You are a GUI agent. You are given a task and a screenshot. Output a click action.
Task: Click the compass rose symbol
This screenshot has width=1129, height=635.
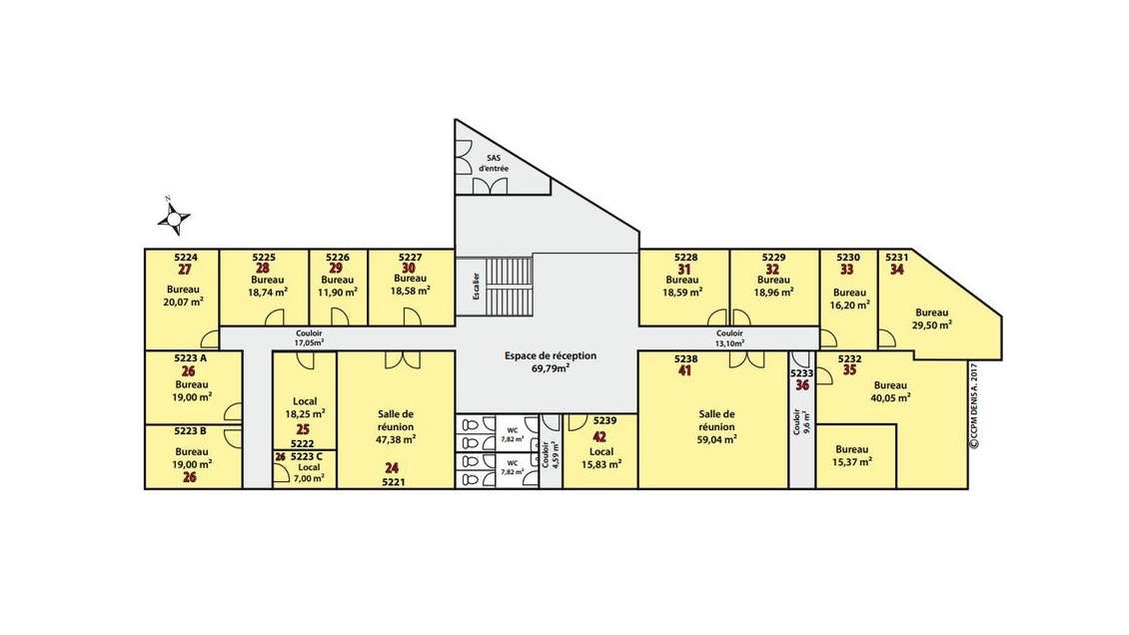click(x=174, y=216)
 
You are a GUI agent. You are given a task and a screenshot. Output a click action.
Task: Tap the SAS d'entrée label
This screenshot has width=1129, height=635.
click(x=494, y=164)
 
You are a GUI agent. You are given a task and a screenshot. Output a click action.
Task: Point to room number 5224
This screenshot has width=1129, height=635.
click(x=186, y=257)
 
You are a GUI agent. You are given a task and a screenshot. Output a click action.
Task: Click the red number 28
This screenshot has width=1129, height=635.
click(x=263, y=269)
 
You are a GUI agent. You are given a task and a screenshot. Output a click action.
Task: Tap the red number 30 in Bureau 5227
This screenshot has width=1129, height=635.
click(x=409, y=269)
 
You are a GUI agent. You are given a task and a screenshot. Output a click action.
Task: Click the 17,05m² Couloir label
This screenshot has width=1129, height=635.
click(x=309, y=341)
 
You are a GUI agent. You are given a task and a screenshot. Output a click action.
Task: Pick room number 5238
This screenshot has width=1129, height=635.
click(x=685, y=358)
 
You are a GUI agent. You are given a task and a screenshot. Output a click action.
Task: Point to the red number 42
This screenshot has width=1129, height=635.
click(x=599, y=436)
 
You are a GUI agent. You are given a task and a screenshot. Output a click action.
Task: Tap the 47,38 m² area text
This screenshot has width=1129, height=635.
click(x=396, y=438)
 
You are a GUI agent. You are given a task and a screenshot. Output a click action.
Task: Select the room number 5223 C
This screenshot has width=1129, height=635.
click(x=307, y=456)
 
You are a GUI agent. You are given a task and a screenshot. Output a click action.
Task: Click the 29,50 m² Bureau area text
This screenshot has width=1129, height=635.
click(x=931, y=323)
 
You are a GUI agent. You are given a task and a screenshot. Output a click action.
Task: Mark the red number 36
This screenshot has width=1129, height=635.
click(x=802, y=385)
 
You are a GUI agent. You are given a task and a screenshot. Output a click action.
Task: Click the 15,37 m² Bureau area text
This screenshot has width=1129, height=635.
click(x=852, y=461)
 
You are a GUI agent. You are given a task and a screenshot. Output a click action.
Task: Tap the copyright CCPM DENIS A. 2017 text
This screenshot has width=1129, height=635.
click(x=973, y=404)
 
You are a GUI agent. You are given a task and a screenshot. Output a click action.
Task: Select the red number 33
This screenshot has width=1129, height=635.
click(x=847, y=269)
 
